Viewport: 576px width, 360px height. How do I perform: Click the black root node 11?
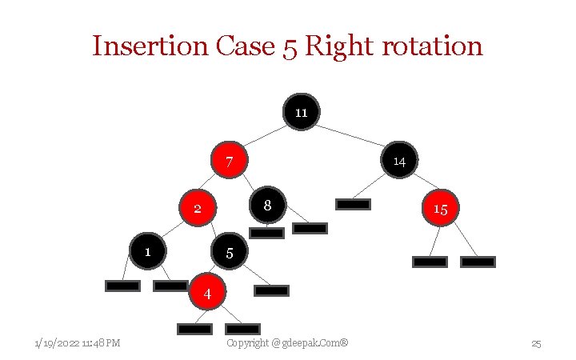pos(301,112)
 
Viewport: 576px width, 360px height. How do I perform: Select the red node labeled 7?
pos(229,161)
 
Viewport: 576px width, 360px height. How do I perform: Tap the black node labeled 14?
pos(399,160)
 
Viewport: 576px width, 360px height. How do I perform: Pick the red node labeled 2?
pos(198,208)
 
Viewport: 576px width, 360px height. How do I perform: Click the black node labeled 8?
pos(268,205)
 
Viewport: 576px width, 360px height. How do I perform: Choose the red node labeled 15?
pos(440,208)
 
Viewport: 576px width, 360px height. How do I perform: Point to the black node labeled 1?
pos(147,251)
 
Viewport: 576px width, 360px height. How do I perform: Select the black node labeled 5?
pos(230,252)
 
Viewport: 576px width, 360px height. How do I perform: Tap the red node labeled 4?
pos(207,293)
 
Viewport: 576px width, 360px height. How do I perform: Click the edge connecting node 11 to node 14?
pos(350,136)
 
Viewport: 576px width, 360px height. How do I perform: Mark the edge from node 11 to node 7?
pos(265,136)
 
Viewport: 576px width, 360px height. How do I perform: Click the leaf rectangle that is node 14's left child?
pos(353,204)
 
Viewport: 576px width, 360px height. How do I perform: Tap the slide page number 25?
pos(537,344)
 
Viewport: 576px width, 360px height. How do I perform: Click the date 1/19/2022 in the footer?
pos(57,343)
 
